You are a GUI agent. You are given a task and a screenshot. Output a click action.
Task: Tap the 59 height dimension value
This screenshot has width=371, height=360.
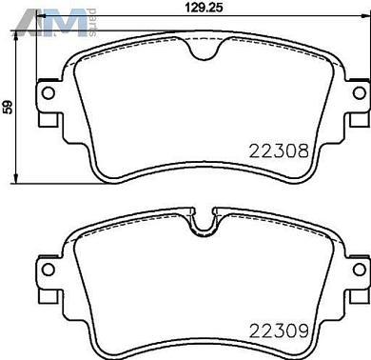coord(8,108)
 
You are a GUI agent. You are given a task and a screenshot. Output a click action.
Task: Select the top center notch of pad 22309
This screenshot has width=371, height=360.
coord(205,225)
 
